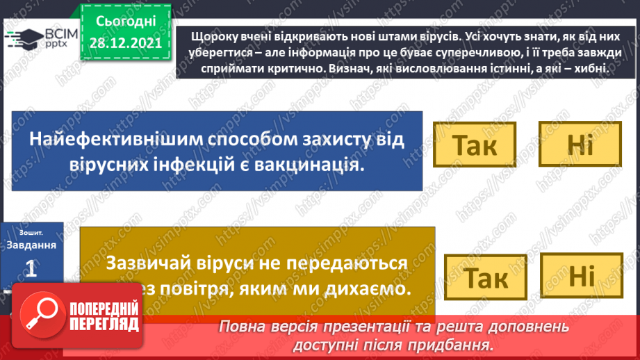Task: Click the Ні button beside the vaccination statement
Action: pos(580,145)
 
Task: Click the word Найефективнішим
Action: pos(115,138)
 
